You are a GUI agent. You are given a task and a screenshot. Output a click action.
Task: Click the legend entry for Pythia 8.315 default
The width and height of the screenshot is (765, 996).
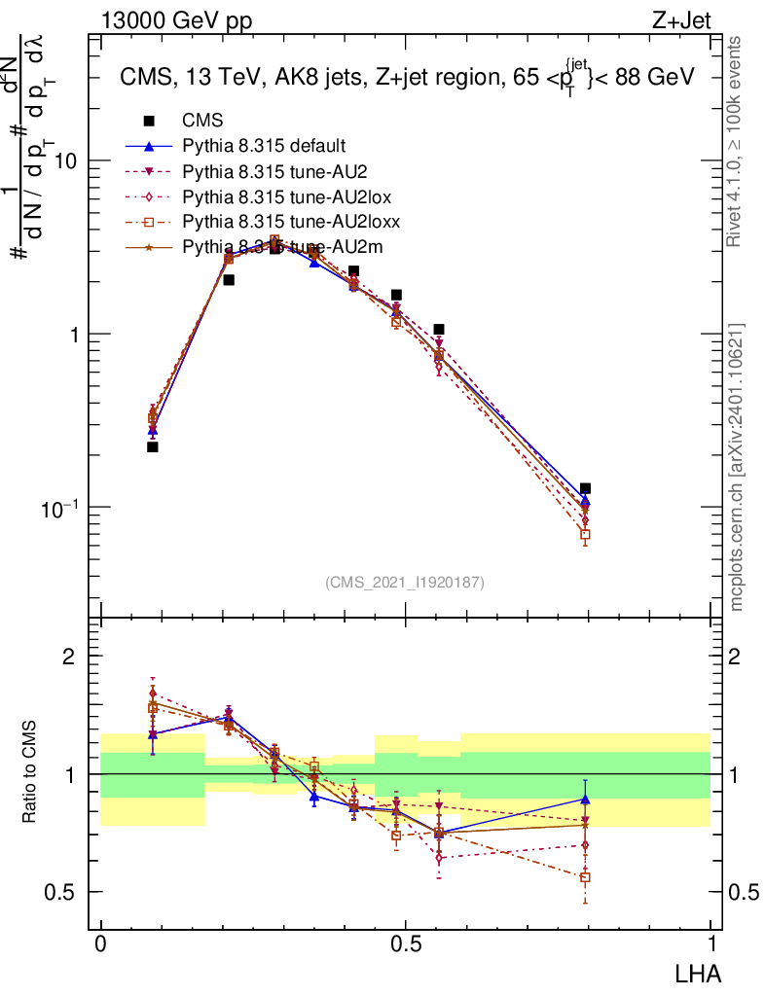click(263, 147)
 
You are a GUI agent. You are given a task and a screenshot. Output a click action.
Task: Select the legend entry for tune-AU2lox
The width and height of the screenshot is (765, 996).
click(276, 197)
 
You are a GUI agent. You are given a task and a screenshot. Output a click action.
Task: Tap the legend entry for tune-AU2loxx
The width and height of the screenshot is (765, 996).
click(280, 223)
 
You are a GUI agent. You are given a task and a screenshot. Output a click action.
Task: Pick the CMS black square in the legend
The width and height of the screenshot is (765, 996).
click(149, 122)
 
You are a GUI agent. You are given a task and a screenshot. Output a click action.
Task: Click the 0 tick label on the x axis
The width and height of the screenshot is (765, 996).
click(101, 945)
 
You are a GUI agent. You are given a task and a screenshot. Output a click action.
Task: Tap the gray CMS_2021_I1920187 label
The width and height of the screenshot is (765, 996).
click(405, 583)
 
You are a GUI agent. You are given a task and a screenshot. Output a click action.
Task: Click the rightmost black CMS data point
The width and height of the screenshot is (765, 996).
click(585, 489)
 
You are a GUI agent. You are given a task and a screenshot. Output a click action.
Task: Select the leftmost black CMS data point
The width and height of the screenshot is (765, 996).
click(153, 447)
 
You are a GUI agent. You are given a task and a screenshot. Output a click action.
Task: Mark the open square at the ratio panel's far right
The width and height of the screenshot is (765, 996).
click(585, 877)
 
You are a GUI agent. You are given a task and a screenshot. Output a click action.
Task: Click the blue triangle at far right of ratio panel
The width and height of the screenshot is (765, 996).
click(585, 800)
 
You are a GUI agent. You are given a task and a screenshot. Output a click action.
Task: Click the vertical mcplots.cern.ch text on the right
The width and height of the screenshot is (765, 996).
click(738, 467)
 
